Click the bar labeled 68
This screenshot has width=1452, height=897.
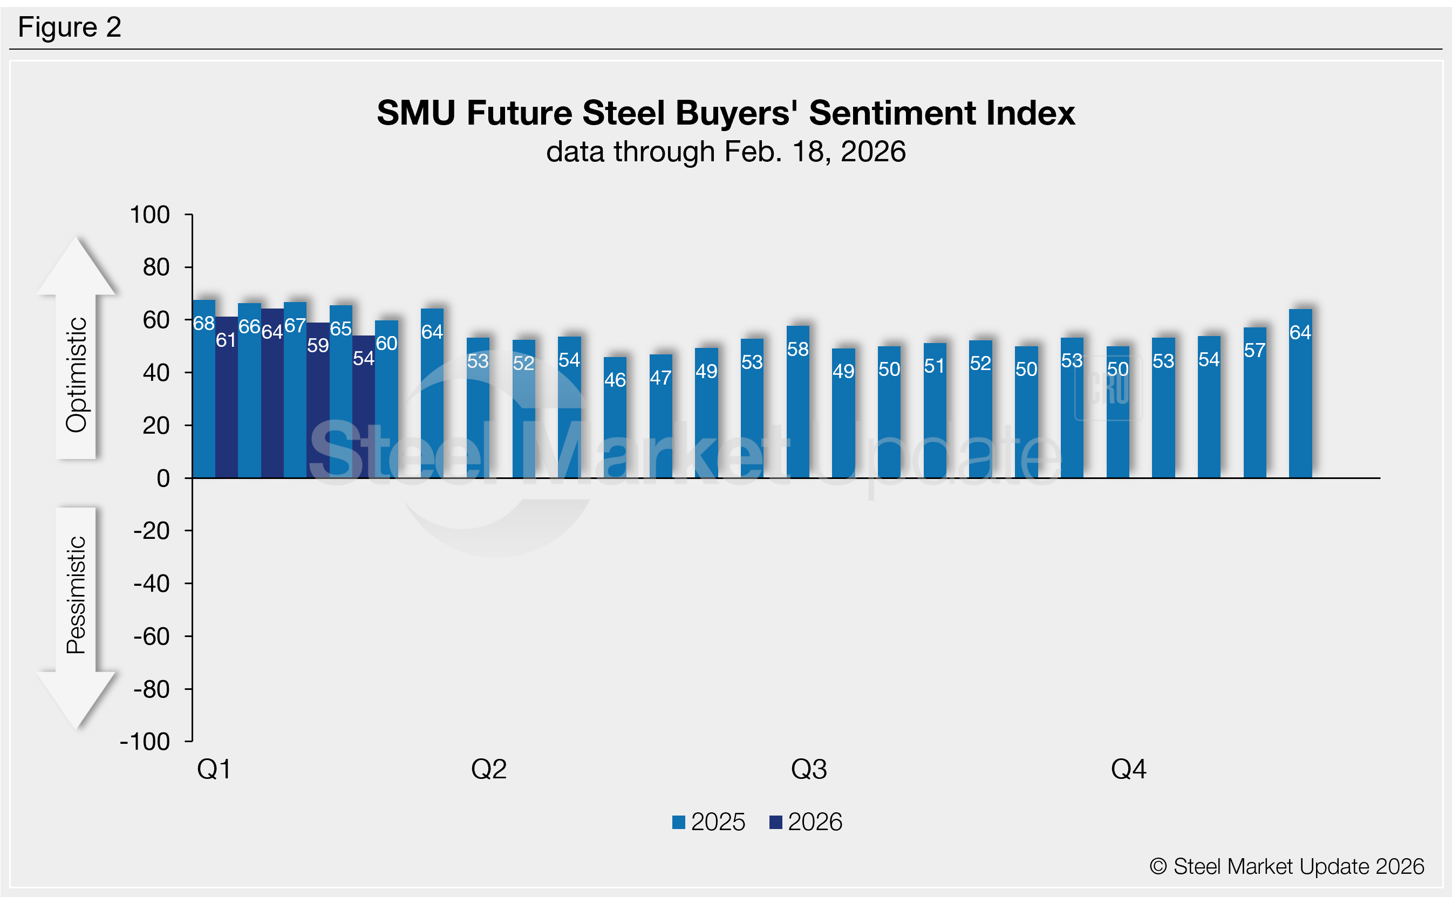pos(203,392)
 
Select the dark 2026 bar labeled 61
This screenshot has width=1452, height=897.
pos(226,400)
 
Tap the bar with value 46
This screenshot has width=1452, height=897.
pos(615,418)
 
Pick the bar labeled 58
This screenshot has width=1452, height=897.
pos(797,403)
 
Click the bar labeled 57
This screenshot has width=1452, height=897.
pos(1255,403)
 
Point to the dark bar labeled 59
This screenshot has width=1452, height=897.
pos(317,403)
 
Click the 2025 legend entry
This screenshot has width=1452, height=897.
pos(708,822)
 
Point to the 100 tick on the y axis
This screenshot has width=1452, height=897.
pos(150,215)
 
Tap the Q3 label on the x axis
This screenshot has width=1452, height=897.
pos(809,770)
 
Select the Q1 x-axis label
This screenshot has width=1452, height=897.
pos(214,770)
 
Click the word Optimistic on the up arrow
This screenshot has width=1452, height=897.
pos(77,375)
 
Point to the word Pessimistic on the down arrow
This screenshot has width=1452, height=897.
pos(77,595)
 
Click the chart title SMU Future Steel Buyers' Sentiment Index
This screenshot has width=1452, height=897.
pos(726,113)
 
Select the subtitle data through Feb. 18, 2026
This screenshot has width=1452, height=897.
pos(726,152)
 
